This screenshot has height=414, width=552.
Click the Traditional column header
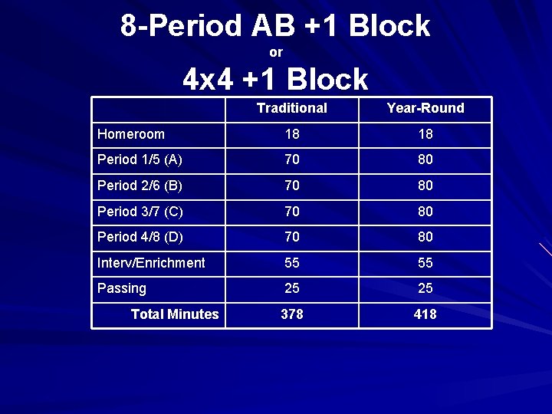pyautogui.click(x=291, y=108)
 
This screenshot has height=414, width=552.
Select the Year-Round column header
pyautogui.click(x=426, y=108)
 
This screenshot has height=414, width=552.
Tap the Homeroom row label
pyautogui.click(x=131, y=134)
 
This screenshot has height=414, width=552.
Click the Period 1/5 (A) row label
pyautogui.click(x=140, y=159)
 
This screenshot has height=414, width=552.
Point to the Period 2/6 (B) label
pyautogui.click(x=140, y=186)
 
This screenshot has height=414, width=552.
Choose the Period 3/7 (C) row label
pyautogui.click(x=140, y=211)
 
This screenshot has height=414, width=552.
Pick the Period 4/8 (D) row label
pyautogui.click(x=140, y=237)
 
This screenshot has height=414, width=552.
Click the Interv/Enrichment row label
pyautogui.click(x=151, y=263)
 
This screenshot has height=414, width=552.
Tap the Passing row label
pyautogui.click(x=122, y=288)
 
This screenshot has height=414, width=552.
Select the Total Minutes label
pyautogui.click(x=175, y=314)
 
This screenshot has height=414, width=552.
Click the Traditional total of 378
pyautogui.click(x=291, y=314)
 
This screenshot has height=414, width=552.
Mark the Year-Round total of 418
pyautogui.click(x=425, y=314)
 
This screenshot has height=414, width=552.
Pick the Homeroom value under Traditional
pyautogui.click(x=291, y=134)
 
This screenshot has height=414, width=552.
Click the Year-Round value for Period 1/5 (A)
pyautogui.click(x=425, y=159)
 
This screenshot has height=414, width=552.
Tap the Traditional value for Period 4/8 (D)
pyautogui.click(x=291, y=237)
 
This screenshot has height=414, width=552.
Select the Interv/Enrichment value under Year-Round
pyautogui.click(x=425, y=263)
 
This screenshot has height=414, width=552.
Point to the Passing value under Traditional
pyautogui.click(x=291, y=288)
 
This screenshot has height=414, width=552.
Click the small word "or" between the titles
pyautogui.click(x=276, y=52)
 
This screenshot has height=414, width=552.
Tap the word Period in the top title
pyautogui.click(x=199, y=27)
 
